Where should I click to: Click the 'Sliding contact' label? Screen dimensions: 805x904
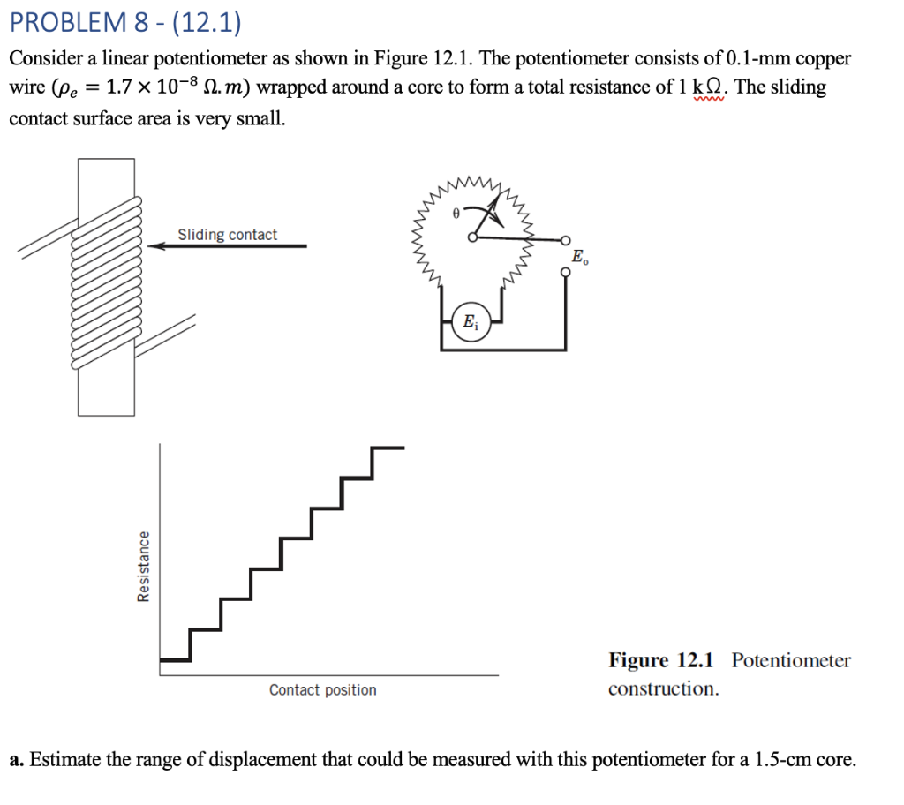[227, 235]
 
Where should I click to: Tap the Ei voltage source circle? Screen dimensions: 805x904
[468, 321]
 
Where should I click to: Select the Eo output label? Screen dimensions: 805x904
[578, 259]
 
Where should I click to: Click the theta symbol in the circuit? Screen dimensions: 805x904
[455, 213]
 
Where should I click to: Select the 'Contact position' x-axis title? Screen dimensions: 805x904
[322, 690]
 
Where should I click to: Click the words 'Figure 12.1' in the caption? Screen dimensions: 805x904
[664, 660]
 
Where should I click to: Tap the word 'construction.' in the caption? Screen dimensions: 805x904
[663, 688]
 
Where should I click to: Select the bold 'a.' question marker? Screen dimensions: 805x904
[16, 759]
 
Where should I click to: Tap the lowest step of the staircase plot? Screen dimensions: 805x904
[174, 658]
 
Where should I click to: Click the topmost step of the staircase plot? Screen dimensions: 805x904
[388, 448]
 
